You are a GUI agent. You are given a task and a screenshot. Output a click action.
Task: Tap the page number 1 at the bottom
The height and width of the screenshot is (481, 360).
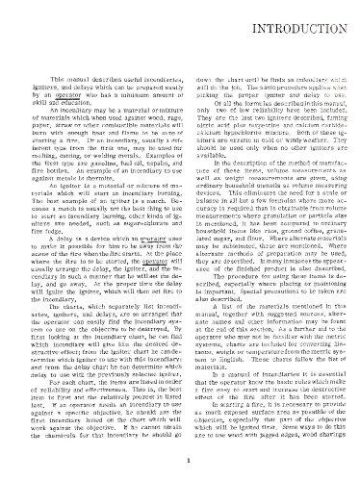[179, 458]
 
